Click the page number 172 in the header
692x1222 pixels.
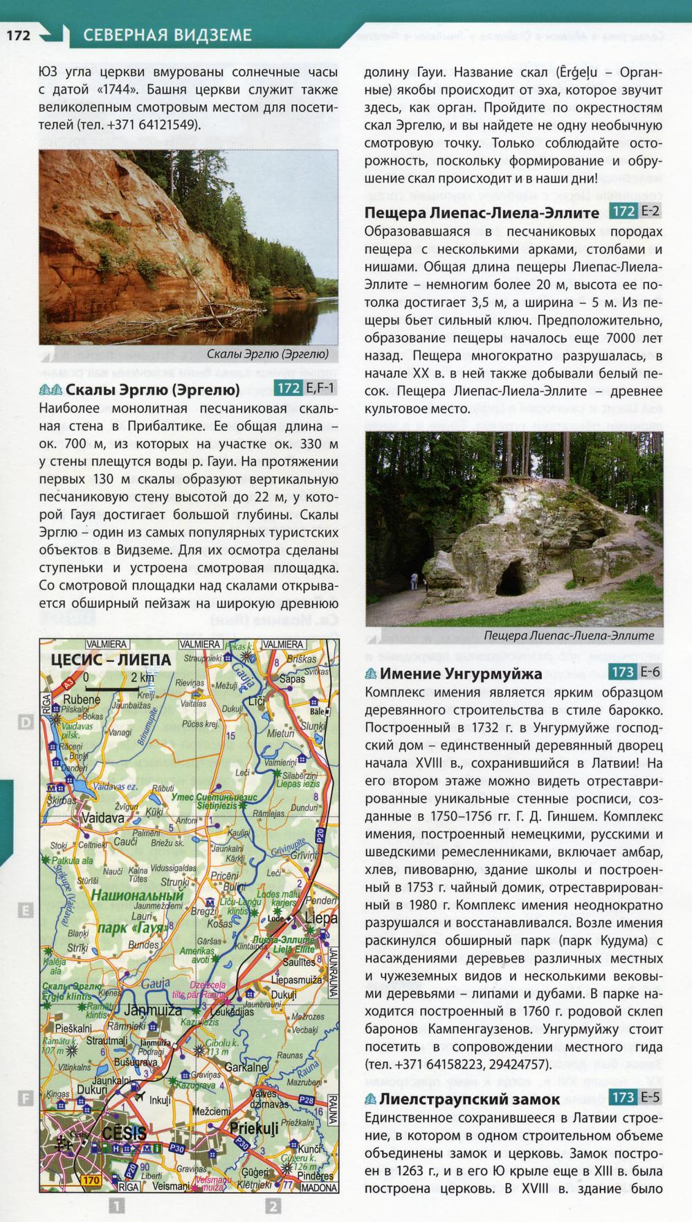point(18,35)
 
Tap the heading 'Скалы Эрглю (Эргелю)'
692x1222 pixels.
point(152,388)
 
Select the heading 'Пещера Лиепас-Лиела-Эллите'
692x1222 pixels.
point(481,212)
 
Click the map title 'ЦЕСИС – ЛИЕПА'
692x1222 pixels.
point(111,659)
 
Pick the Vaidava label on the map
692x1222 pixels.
point(103,818)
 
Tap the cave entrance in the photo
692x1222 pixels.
point(513,577)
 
